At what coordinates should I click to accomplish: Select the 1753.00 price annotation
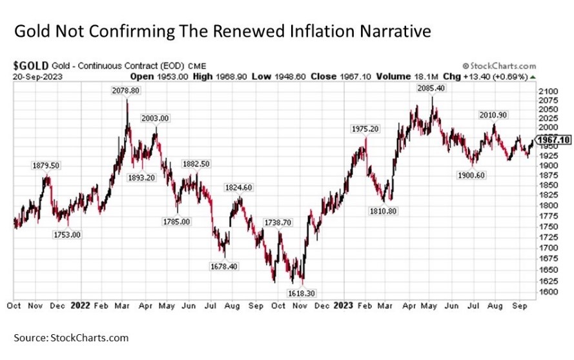[x=67, y=234]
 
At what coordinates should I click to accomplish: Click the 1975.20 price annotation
[x=365, y=129]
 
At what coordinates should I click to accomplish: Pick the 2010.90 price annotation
[x=494, y=115]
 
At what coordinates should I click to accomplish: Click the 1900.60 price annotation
[x=474, y=175]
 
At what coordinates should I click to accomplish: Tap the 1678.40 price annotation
[x=224, y=266]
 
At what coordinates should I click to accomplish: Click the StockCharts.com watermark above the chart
[x=499, y=66]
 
